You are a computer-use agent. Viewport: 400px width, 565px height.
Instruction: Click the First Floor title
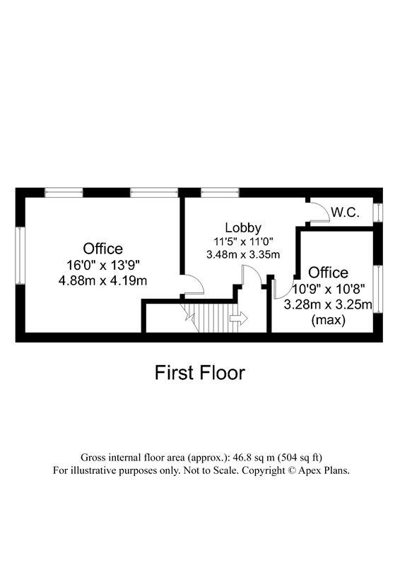pos(200,373)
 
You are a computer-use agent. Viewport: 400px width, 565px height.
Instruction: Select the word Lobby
pos(243,227)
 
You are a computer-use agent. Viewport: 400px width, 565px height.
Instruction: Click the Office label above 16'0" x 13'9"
pos(103,249)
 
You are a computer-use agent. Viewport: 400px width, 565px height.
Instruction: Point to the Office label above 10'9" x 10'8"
pos(329,273)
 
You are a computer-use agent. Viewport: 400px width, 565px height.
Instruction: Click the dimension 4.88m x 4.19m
pos(103,280)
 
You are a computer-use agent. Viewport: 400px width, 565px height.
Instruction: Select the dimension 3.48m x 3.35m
pos(243,254)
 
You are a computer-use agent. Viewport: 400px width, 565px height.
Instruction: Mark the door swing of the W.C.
pos(319,213)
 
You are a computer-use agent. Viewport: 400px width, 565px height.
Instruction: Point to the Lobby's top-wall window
pos(220,192)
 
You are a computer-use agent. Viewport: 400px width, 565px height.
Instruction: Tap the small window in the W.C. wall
pos(377,213)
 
